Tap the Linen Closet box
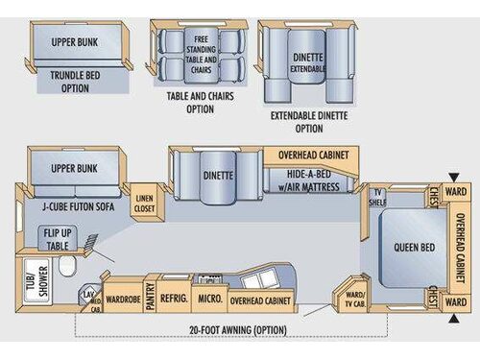pos(143,199)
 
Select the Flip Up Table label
pos(56,238)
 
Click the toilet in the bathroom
pos(68,265)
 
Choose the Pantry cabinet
pos(150,299)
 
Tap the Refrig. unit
pos(174,299)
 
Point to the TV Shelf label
pos(378,197)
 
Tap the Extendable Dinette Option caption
pos(309,121)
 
